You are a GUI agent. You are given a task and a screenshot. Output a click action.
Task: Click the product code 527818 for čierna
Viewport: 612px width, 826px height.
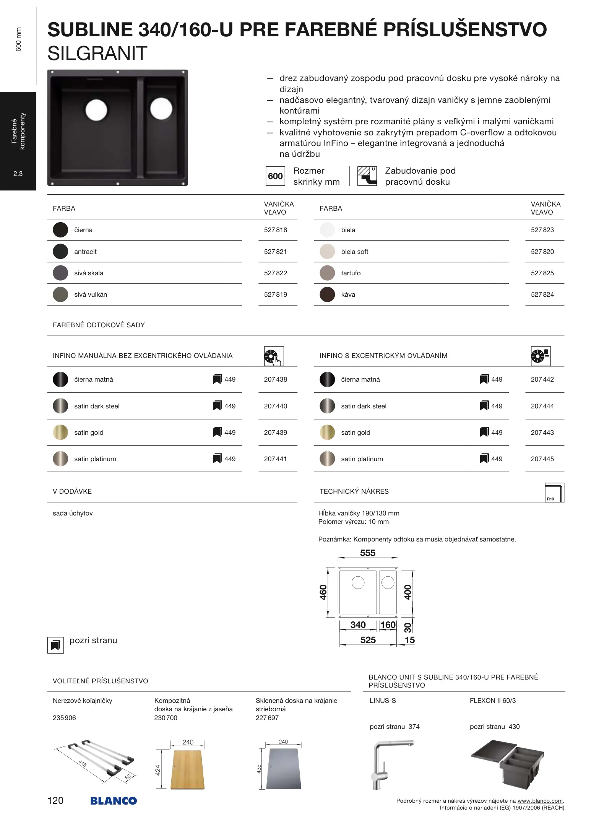coord(275,230)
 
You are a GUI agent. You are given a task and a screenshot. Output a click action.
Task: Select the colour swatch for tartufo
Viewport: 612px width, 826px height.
coord(327,273)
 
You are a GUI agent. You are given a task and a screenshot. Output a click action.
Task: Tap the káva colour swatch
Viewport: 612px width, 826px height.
coord(327,294)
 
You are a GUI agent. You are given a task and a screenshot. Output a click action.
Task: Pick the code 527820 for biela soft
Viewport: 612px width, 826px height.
coord(542,252)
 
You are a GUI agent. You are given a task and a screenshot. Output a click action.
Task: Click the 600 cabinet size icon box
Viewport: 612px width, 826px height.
coord(275,176)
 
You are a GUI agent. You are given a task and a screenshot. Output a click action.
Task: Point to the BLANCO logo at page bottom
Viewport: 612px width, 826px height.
coord(114,801)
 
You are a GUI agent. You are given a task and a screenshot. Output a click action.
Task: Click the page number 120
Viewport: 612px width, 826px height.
coord(55,800)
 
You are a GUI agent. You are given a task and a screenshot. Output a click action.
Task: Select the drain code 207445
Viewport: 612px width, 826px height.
coord(542,459)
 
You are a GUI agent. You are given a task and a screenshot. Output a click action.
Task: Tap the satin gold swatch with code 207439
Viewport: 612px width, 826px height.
coord(60,433)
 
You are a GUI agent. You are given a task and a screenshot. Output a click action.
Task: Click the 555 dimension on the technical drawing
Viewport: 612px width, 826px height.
coord(367,553)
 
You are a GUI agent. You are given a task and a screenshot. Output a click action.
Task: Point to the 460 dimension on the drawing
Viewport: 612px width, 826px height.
coord(323,592)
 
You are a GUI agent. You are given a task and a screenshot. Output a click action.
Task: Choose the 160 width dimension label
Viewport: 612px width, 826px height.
coord(388,625)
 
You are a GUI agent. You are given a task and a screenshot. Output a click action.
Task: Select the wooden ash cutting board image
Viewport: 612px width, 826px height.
coord(187,769)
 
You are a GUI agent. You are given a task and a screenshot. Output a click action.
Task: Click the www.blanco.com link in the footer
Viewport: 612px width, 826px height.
coord(540,801)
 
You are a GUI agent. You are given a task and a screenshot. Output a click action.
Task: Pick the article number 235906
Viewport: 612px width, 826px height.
coord(64,718)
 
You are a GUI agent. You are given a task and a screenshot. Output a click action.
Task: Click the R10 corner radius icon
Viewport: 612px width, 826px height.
coord(554,493)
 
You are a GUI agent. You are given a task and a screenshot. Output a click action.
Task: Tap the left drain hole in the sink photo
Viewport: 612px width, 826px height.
coord(96,110)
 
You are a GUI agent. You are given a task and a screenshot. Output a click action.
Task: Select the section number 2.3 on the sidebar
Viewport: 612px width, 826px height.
coord(18,174)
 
